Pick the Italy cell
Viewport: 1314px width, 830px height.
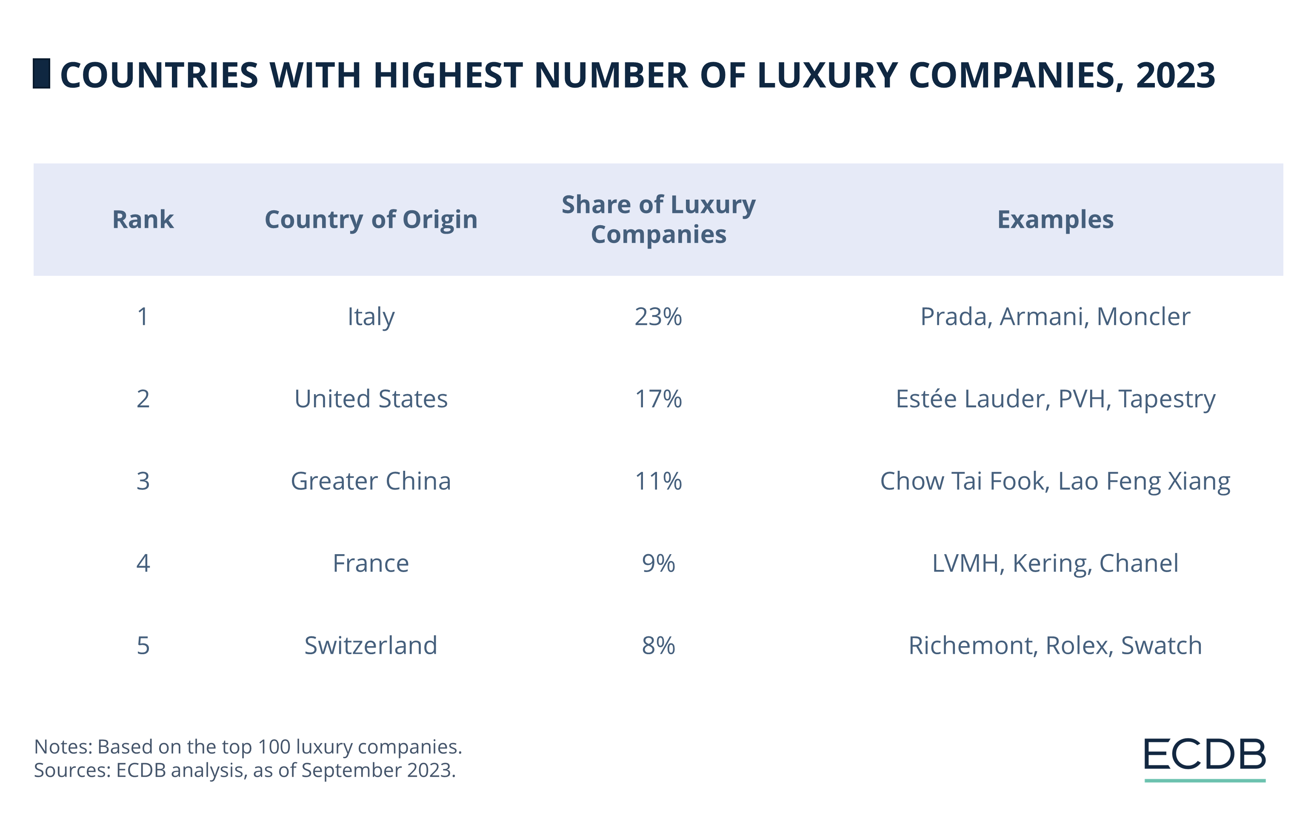(x=371, y=317)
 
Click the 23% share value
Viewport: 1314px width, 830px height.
(x=658, y=317)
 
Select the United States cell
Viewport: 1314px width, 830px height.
(x=371, y=399)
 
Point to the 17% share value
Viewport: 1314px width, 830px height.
(x=658, y=399)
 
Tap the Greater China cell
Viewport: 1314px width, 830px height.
(x=371, y=481)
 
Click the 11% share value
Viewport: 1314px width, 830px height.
(x=658, y=481)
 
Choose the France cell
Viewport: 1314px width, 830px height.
(x=371, y=564)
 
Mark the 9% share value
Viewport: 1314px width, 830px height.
(x=658, y=564)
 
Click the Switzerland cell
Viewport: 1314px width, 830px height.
(x=371, y=646)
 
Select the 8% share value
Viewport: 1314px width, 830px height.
(x=658, y=646)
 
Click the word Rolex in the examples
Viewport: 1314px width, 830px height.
(x=1078, y=646)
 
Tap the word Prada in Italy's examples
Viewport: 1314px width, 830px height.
(x=955, y=317)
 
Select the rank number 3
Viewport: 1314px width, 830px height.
(x=143, y=481)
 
